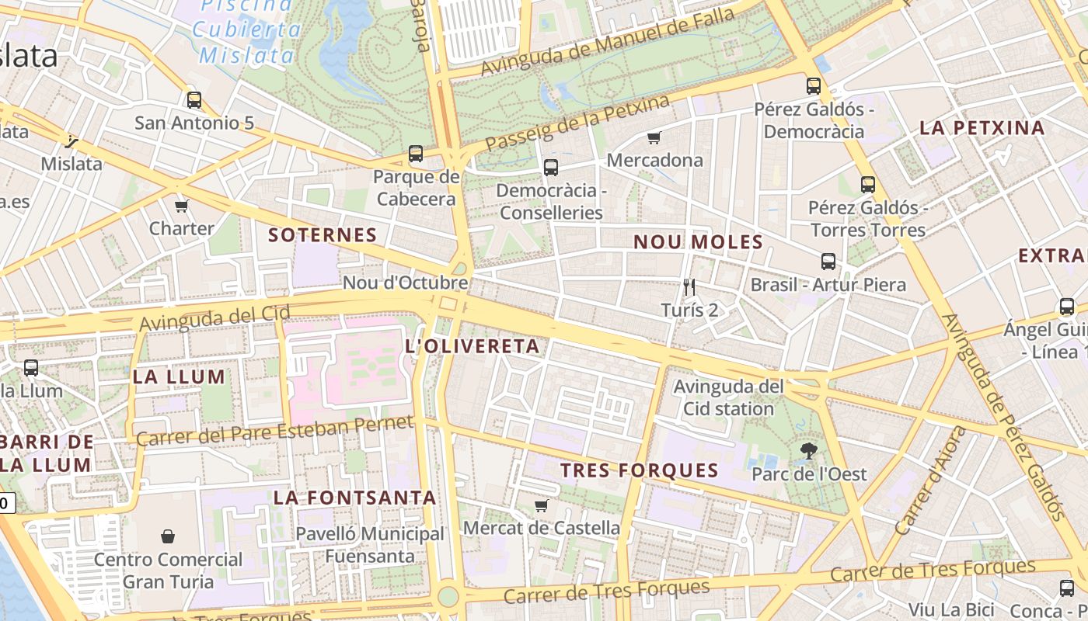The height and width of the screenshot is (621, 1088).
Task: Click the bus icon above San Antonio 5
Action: tap(194, 100)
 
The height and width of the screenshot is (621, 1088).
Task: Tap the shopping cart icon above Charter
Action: tap(182, 206)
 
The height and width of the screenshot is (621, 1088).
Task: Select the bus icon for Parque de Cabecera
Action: tap(416, 154)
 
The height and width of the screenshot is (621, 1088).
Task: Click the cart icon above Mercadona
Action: tap(654, 138)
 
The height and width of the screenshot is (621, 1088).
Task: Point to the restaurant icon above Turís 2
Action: tap(689, 287)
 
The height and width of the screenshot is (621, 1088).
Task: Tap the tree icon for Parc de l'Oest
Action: tap(809, 450)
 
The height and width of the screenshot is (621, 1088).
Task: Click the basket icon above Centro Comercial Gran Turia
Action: tap(168, 536)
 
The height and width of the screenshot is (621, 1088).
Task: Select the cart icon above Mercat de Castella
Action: tap(542, 506)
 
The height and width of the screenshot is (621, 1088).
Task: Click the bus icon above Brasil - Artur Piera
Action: tap(828, 262)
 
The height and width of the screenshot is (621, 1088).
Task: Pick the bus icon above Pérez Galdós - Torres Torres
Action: tap(868, 185)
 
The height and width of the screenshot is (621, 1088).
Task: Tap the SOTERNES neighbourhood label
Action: tap(323, 235)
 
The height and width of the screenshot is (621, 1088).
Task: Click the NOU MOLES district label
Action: tap(699, 242)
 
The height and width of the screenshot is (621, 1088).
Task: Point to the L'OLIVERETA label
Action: tap(473, 346)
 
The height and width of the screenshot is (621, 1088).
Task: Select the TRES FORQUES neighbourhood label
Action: tap(640, 470)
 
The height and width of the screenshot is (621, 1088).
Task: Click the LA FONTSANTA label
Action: tap(354, 498)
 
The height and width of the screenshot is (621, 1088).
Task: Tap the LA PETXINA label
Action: tap(982, 128)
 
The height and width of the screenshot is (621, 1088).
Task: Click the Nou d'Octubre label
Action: tap(405, 283)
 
